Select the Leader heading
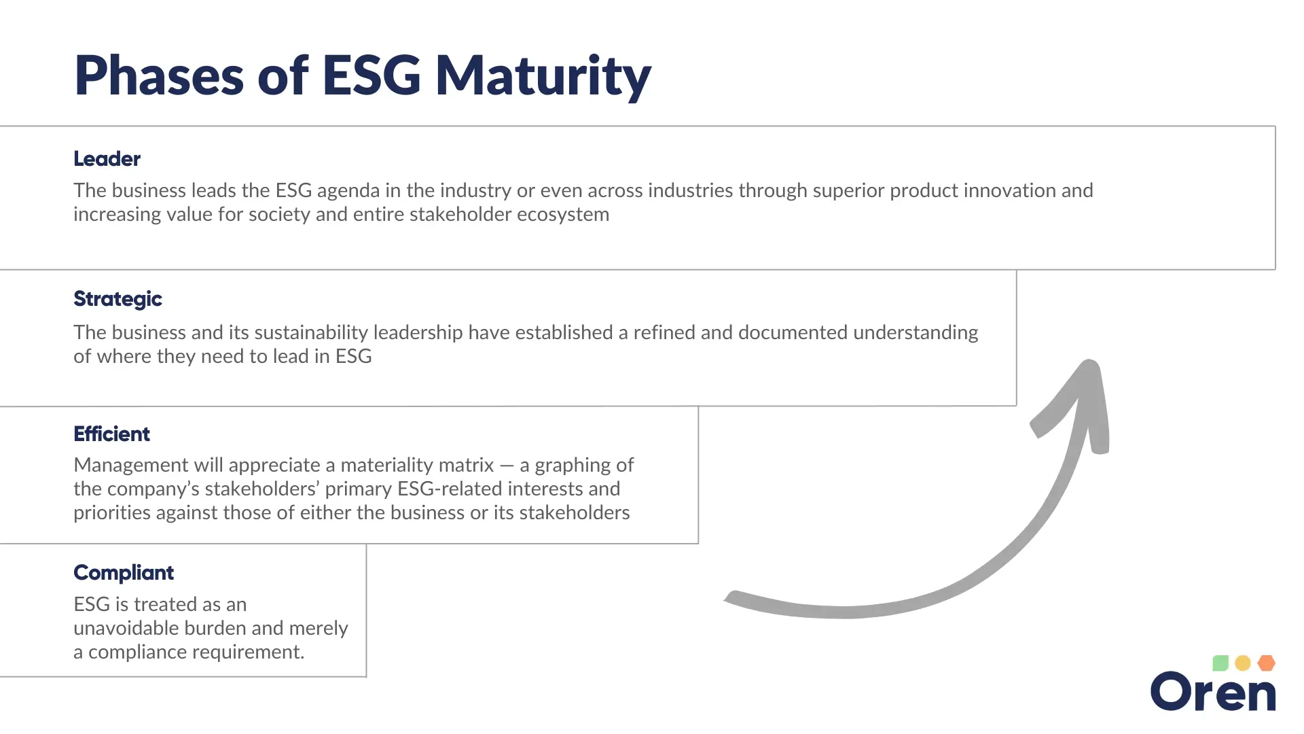pos(107,159)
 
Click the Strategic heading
pos(117,299)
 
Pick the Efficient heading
pos(111,434)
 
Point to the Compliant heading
pos(124,573)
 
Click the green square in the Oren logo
pos(1220,663)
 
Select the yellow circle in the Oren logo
pos(1243,663)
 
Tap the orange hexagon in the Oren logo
pos(1266,663)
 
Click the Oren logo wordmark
pos(1213,693)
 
